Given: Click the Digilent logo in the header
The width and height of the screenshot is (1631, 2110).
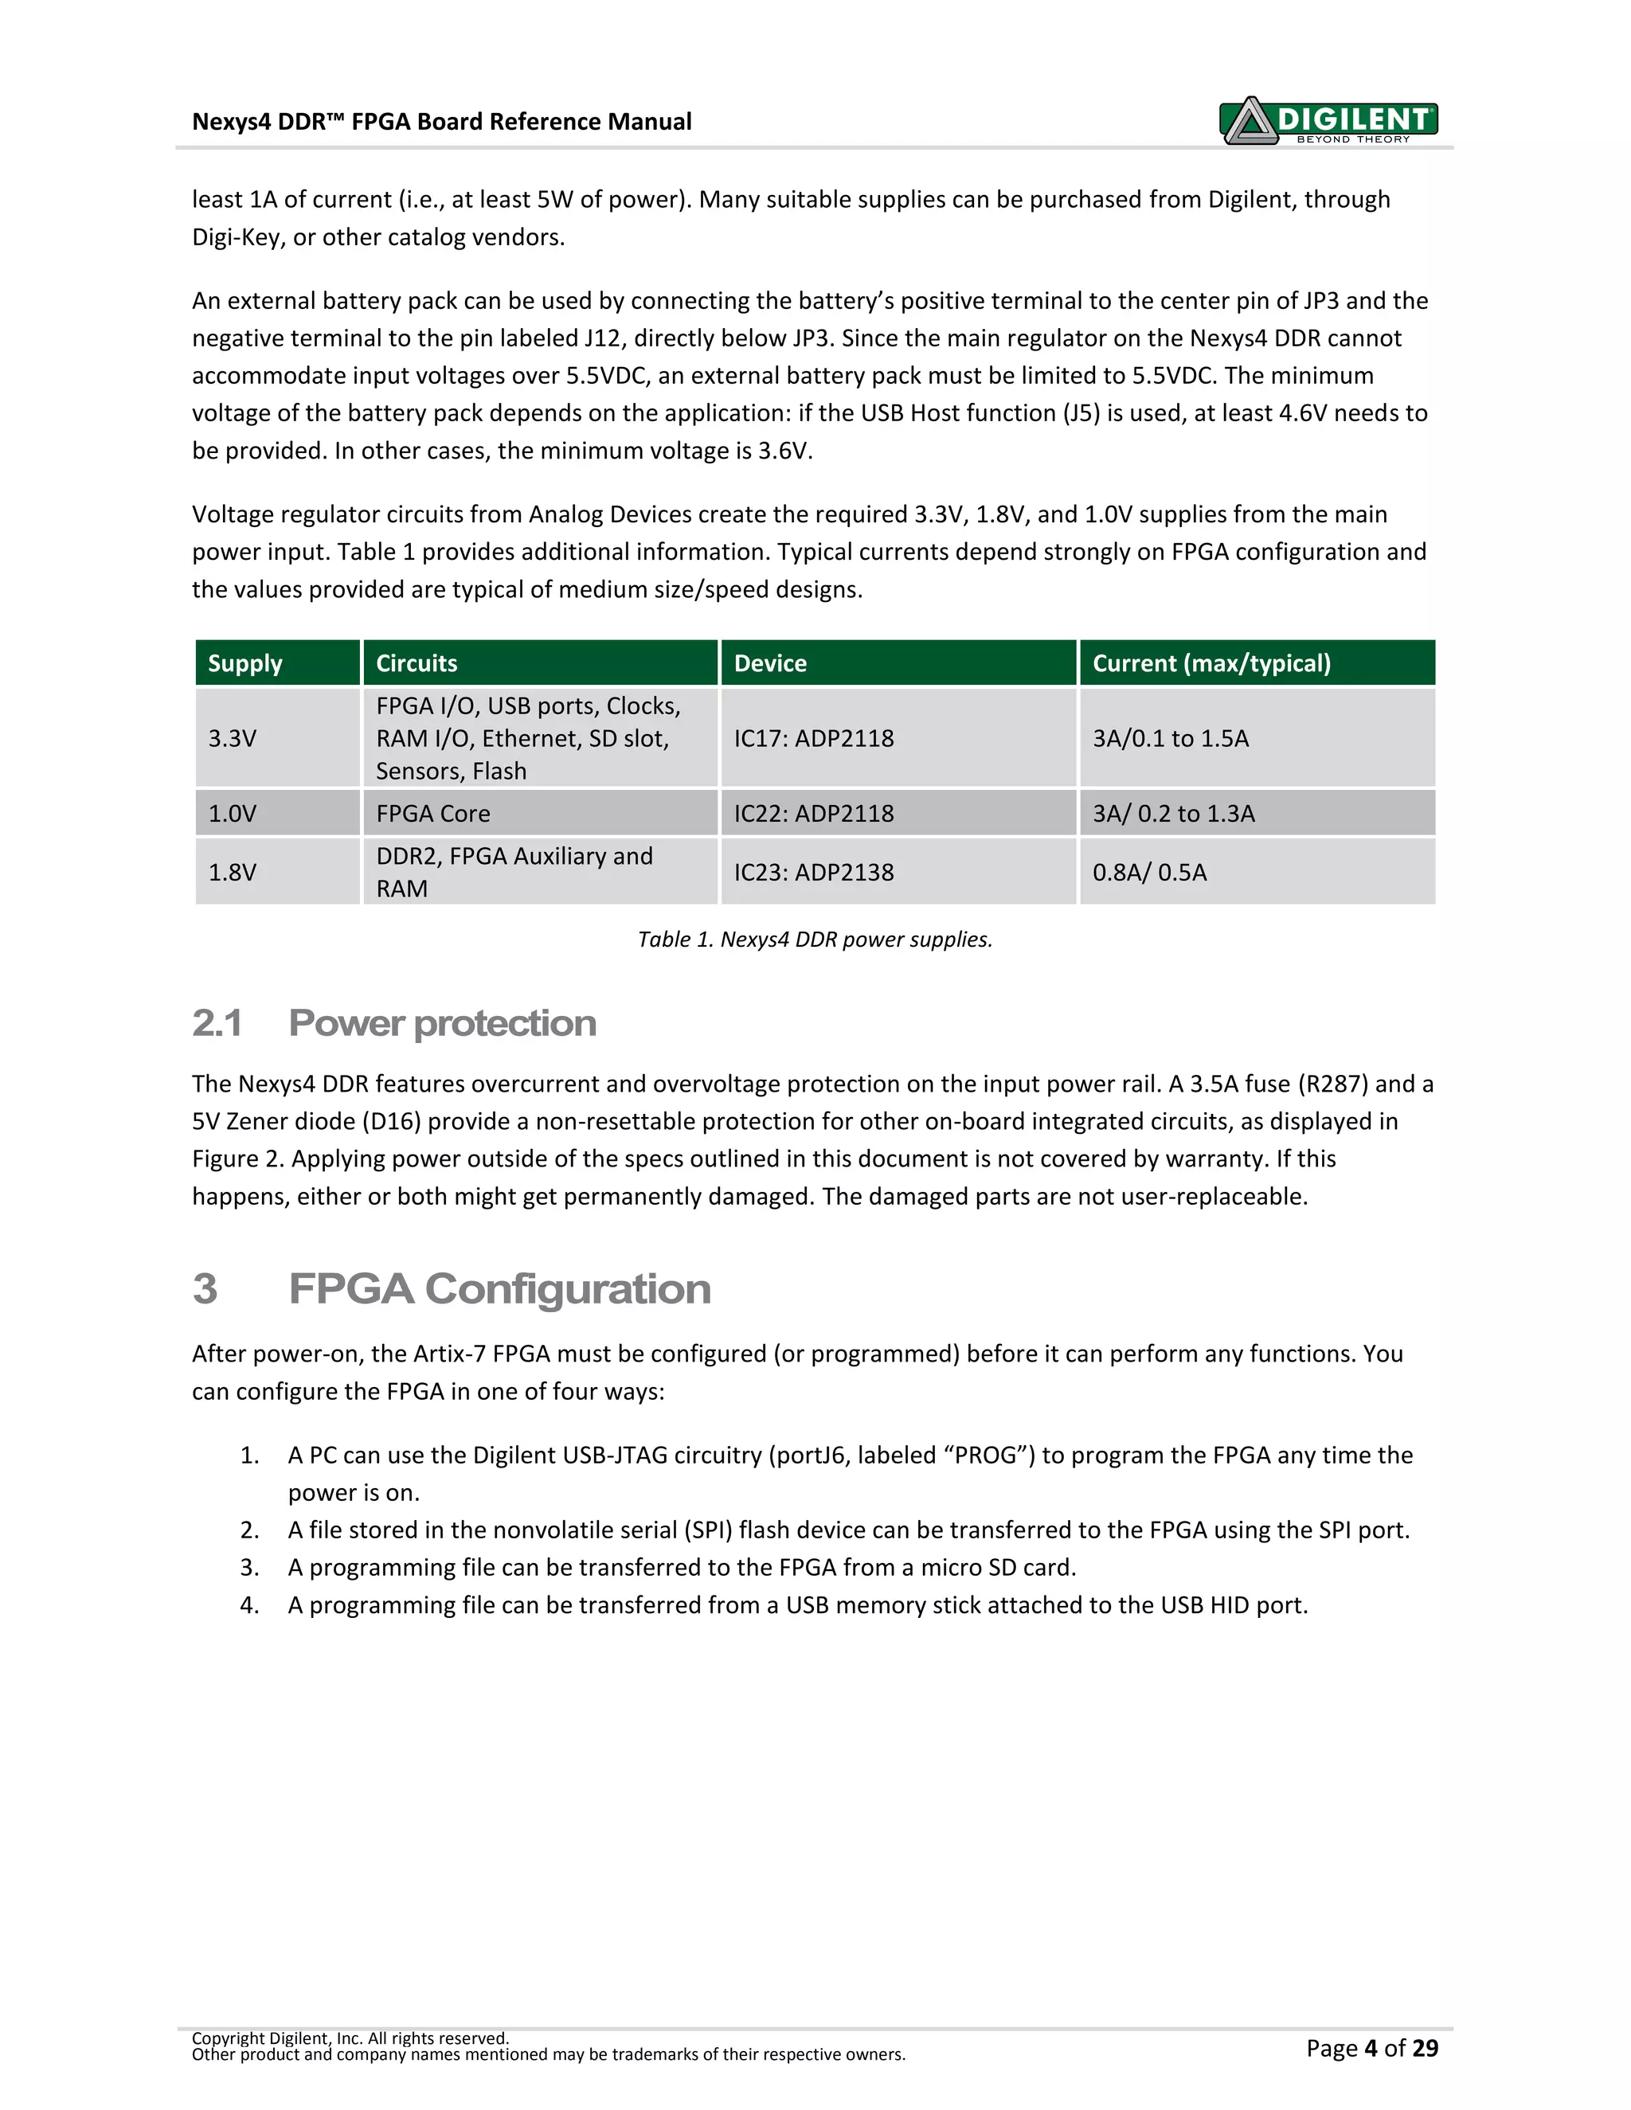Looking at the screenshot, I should (x=1328, y=121).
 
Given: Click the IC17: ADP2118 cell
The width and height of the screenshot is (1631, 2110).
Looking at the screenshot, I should (x=814, y=738).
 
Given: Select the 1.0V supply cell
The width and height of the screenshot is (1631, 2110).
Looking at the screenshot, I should (x=232, y=814).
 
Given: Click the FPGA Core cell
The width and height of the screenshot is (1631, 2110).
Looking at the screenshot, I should (x=433, y=814).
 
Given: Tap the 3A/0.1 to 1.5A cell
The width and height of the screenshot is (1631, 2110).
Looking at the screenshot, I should (x=1170, y=738).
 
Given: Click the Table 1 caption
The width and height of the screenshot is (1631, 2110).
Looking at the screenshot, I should (x=815, y=939).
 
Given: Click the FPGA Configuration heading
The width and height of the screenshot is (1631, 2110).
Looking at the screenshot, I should (x=499, y=1289).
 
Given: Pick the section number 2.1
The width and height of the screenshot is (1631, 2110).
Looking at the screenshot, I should (x=217, y=1023).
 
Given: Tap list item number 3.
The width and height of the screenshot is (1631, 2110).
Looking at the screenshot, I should (x=249, y=1567).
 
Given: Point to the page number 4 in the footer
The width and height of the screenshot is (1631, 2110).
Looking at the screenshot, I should (x=1370, y=2048).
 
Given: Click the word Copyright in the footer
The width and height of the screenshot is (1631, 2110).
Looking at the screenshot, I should (x=228, y=2038).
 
